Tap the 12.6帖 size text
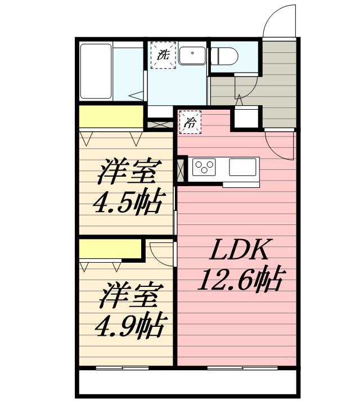(x=239, y=279)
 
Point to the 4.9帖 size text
(x=132, y=324)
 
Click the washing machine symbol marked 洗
(x=163, y=55)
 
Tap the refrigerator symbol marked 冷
(x=190, y=123)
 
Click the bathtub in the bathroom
(x=96, y=71)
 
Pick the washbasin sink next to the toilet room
(x=193, y=55)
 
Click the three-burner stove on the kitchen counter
(x=205, y=166)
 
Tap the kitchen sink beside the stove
(x=242, y=166)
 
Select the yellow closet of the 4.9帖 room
(x=109, y=248)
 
